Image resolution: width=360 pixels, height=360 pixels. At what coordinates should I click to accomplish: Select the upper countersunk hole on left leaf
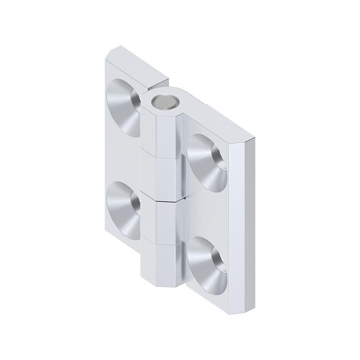[x=124, y=107]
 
